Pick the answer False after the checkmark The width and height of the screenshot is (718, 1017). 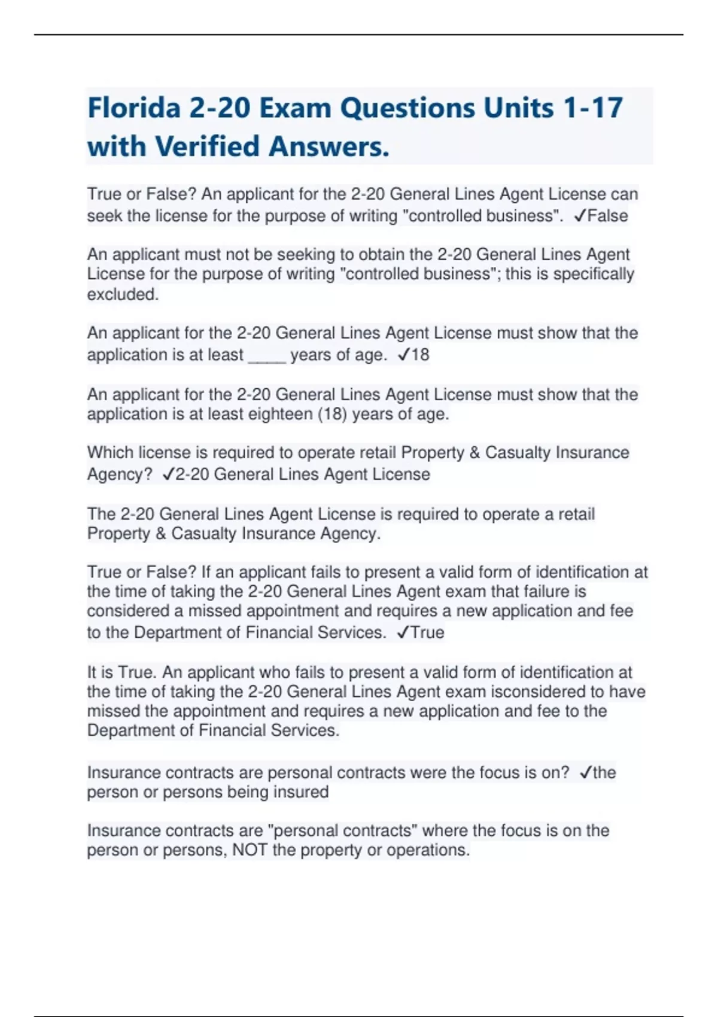pyautogui.click(x=607, y=216)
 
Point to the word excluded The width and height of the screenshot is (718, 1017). pyautogui.click(x=122, y=294)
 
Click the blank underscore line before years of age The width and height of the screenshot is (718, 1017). pyautogui.click(x=266, y=355)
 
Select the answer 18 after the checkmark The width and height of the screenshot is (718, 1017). pyautogui.click(x=420, y=355)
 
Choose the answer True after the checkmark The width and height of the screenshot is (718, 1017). pyautogui.click(x=427, y=632)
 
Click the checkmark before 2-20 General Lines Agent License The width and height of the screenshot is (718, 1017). pyautogui.click(x=168, y=474)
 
